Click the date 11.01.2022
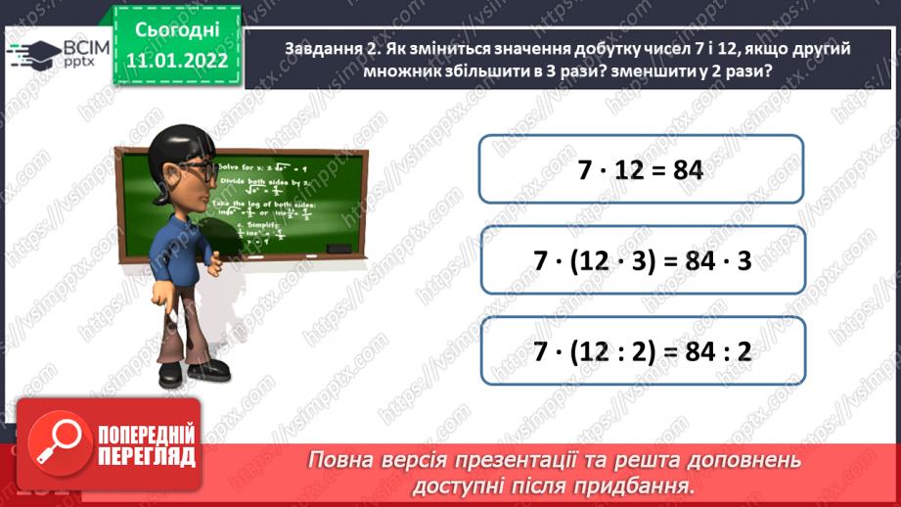(177, 61)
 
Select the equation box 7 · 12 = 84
(641, 168)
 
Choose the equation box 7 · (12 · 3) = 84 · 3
(641, 261)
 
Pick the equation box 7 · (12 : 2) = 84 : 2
(641, 350)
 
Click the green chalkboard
(254, 201)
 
